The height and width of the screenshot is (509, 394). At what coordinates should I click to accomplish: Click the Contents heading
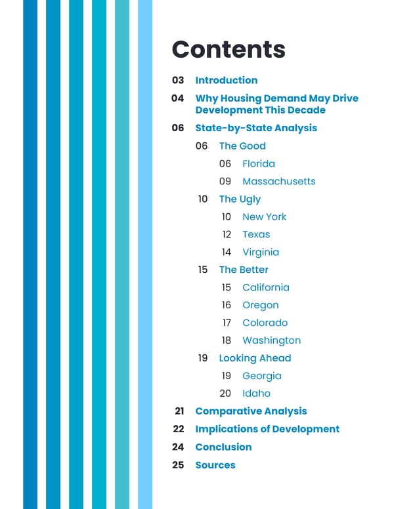tap(228, 49)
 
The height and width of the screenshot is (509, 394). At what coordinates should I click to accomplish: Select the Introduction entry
tap(226, 80)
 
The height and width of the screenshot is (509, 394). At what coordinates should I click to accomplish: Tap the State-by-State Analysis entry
tap(255, 128)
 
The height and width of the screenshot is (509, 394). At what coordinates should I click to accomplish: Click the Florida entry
tap(258, 163)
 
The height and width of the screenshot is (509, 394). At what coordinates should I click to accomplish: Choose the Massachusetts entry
tap(278, 181)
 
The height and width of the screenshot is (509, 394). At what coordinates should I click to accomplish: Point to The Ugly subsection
tap(239, 199)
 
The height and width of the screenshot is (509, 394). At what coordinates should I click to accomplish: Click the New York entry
tap(264, 216)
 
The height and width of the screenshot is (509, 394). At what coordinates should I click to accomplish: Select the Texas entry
tap(255, 234)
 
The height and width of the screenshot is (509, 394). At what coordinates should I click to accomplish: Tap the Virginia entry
tap(260, 252)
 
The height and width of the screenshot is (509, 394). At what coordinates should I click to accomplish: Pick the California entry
tap(265, 287)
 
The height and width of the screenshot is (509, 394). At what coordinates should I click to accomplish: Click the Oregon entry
tap(260, 305)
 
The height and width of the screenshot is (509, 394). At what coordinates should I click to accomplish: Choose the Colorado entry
tap(265, 323)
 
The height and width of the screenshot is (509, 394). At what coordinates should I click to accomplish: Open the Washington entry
tap(271, 340)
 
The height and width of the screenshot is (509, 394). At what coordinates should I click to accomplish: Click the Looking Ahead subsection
tap(255, 358)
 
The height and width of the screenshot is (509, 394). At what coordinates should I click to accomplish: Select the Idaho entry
tap(256, 394)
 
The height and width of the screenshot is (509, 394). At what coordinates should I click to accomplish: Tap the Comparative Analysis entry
tap(251, 411)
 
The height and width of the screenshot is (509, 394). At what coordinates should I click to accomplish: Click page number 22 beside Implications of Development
tap(179, 429)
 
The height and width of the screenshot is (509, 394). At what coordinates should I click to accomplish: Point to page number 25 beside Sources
tap(179, 465)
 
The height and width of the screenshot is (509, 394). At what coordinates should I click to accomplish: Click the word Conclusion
tap(223, 447)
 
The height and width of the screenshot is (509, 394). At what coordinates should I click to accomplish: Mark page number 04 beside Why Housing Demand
tap(178, 98)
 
